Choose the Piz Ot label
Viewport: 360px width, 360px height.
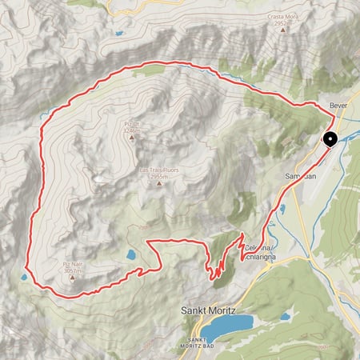(x=132, y=123)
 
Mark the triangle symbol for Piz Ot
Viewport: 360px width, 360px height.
(x=132, y=137)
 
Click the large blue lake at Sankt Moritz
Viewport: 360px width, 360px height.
(x=226, y=325)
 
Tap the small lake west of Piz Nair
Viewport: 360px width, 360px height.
(x=24, y=277)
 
